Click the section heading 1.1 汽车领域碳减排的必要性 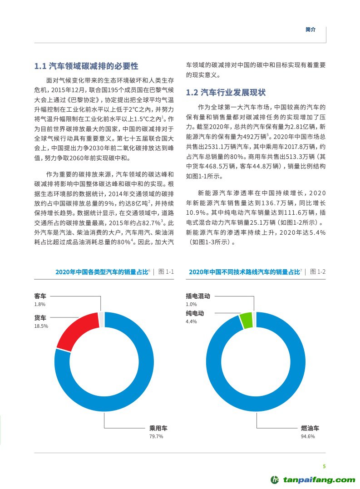click(x=86, y=66)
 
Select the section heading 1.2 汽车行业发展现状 click(x=226, y=93)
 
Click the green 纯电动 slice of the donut click(x=246, y=320)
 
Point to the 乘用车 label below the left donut click(x=158, y=428)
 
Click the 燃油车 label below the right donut click(x=310, y=428)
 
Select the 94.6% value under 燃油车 click(x=308, y=436)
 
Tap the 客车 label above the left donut click(x=40, y=296)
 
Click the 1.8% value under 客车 click(x=39, y=304)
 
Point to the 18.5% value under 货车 click(x=41, y=326)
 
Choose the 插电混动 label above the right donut click(x=198, y=296)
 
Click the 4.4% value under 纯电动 click(x=191, y=321)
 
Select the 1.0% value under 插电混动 click(x=191, y=304)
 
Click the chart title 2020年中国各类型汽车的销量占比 click(x=102, y=272)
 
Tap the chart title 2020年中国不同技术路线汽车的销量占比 click(x=244, y=272)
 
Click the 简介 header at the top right click(x=311, y=29)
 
